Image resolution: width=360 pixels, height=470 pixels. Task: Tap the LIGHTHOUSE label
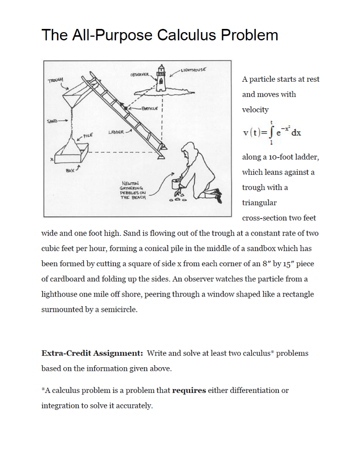193,70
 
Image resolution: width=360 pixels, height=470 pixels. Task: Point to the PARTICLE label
150,109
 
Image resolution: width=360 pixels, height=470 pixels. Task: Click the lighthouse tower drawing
161,79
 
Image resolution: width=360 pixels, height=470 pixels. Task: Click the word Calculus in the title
187,35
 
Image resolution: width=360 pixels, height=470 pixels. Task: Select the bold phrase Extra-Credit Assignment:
92,353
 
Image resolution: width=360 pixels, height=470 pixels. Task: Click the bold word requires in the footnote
188,391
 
